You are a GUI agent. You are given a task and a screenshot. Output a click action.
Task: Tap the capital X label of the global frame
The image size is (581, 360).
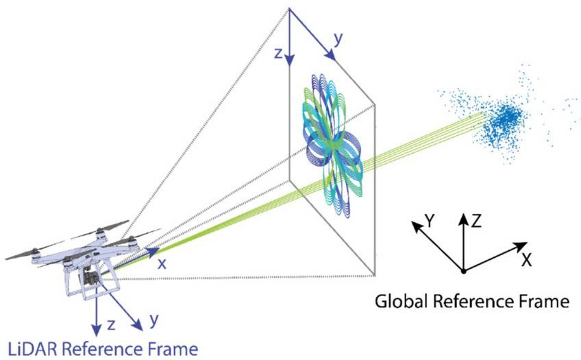coord(526,261)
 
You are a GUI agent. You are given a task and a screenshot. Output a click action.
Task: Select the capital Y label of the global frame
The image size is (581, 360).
coord(430,221)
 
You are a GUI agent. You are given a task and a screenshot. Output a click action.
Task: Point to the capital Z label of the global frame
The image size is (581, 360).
coord(476,221)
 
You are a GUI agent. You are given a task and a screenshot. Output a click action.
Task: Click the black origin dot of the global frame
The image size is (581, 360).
coord(463,272)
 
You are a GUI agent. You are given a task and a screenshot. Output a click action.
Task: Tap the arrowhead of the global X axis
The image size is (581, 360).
coord(521,247)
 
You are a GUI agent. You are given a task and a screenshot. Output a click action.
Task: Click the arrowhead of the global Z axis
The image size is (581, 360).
coord(463,220)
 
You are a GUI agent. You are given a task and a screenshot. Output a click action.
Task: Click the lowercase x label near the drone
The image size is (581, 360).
coord(162,263)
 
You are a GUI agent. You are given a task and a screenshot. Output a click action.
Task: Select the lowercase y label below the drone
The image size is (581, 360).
coord(153,320)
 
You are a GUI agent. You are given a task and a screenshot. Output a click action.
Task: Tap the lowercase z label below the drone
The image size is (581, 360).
coord(111,325)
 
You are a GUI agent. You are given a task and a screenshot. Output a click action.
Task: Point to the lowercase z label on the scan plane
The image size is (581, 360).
coord(278,53)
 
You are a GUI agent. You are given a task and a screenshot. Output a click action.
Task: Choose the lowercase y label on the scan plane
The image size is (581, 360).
coord(338,39)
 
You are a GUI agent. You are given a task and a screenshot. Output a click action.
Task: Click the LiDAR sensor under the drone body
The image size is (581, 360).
coord(90,277)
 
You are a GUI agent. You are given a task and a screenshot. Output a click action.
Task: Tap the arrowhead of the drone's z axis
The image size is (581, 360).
coord(97,330)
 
